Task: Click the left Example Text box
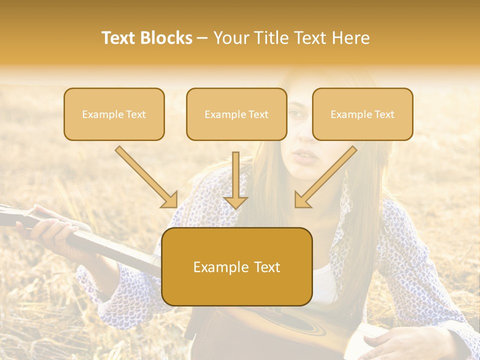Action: (114, 114)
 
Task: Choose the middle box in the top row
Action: (236, 114)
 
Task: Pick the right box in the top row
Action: (362, 114)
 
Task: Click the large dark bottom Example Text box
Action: (236, 267)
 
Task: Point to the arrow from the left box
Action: (146, 177)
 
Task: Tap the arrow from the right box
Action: (325, 177)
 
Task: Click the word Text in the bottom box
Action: (267, 267)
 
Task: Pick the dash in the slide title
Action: (202, 38)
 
